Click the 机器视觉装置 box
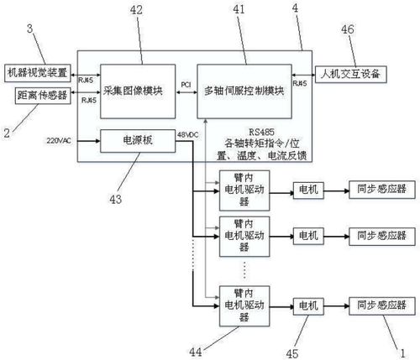tap(38, 73)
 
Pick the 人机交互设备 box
tap(349, 74)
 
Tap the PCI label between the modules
tap(186, 85)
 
